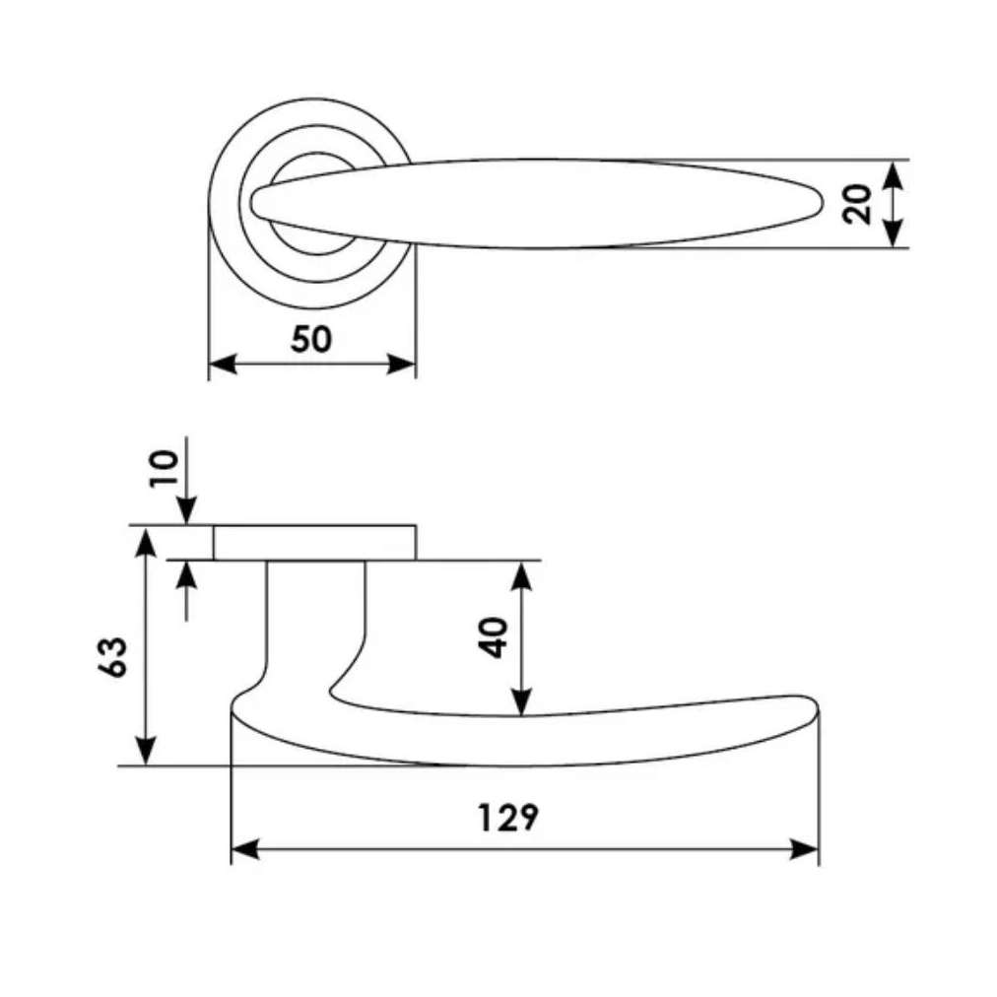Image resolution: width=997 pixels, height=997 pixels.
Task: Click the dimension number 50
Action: coord(311,339)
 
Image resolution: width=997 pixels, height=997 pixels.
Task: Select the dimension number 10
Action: coord(165,468)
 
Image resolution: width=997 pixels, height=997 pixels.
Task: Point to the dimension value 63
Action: coord(112,656)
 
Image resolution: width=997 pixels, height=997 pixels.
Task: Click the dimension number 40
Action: coord(494,637)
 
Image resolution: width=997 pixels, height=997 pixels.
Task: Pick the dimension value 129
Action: coord(507,818)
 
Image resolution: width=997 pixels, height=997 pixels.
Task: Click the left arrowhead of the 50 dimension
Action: coord(223,365)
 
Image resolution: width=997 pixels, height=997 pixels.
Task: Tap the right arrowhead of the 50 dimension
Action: coord(402,365)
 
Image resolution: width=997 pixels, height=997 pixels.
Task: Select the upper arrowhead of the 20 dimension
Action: coord(894,173)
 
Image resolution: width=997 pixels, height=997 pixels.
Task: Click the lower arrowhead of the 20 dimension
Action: coord(894,233)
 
